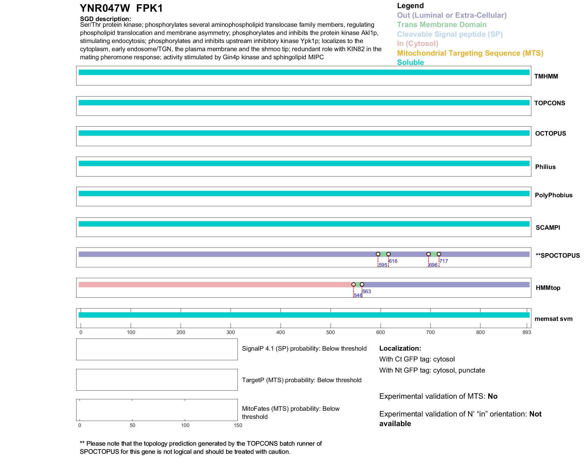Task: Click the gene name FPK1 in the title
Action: [x=149, y=8]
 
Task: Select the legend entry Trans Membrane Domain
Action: [x=442, y=25]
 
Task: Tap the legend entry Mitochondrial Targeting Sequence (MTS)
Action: [x=470, y=53]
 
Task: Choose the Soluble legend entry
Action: [x=410, y=63]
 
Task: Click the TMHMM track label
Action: [x=546, y=76]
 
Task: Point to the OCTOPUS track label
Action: [x=550, y=134]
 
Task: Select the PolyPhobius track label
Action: [x=553, y=195]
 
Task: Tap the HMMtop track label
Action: [x=548, y=288]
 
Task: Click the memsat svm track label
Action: [x=553, y=319]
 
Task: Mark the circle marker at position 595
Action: [x=378, y=254]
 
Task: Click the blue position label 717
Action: [x=443, y=261]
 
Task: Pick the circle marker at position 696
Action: [x=428, y=254]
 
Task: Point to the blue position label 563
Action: [x=366, y=291]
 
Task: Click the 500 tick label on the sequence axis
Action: [x=331, y=332]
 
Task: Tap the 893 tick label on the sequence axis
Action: [x=526, y=332]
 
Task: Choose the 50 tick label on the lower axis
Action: [x=132, y=425]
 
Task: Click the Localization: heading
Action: [x=400, y=348]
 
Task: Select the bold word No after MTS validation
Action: [x=492, y=396]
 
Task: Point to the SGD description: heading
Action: [x=105, y=19]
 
